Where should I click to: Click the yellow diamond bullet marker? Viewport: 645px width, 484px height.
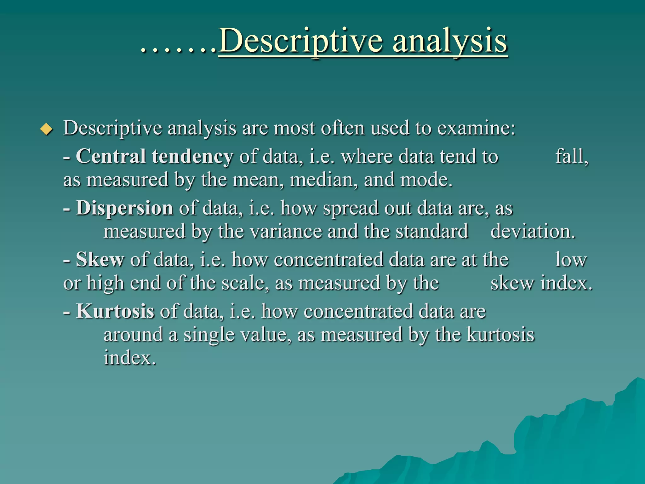click(47, 129)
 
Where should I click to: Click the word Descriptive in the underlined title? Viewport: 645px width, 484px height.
click(301, 41)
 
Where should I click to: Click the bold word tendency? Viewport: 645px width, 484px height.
click(192, 157)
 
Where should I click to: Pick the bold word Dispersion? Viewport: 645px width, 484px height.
click(124, 208)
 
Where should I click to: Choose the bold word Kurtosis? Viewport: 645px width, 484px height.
click(115, 311)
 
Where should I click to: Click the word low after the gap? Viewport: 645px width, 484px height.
click(571, 260)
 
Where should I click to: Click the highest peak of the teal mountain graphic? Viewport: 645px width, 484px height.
click(638, 378)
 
